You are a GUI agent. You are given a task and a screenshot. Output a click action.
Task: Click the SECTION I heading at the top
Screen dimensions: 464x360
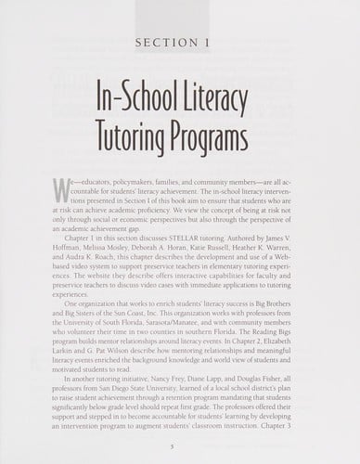(180, 42)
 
